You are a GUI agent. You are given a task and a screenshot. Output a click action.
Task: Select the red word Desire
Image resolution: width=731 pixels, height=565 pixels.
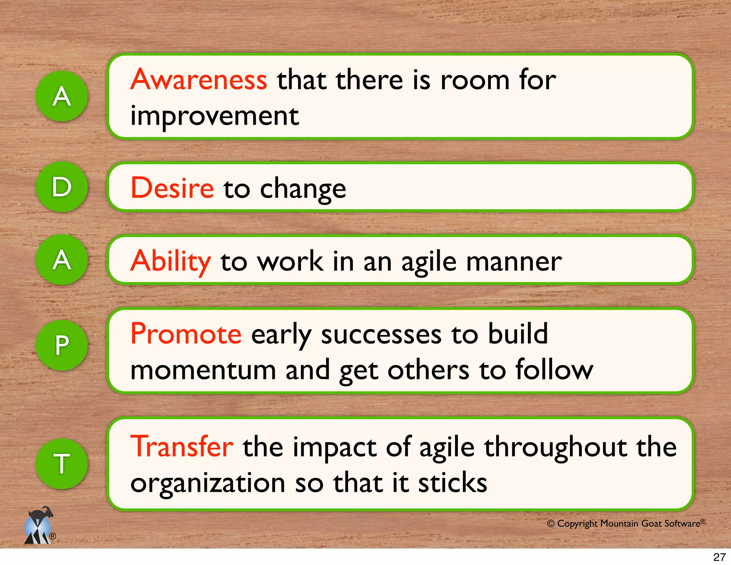(172, 188)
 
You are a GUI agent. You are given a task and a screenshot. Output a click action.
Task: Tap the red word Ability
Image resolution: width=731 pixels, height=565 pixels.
(171, 261)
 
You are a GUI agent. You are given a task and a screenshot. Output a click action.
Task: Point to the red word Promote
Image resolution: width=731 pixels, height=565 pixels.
(186, 334)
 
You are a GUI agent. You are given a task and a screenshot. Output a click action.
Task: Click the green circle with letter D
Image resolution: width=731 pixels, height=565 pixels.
(62, 187)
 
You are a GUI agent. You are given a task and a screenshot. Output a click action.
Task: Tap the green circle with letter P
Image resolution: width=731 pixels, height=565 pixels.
(62, 345)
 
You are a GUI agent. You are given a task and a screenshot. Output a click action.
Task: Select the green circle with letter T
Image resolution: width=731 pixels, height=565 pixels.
(62, 463)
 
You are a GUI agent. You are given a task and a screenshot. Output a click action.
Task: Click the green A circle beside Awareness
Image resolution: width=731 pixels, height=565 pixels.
(62, 96)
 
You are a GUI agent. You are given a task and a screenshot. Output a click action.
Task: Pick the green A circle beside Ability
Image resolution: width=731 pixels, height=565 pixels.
(62, 260)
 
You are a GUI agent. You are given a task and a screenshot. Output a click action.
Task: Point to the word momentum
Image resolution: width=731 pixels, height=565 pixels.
(203, 370)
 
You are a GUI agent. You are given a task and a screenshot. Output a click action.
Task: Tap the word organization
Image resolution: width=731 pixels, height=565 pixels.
(207, 483)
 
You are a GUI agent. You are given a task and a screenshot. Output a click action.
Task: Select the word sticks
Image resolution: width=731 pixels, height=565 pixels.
(452, 483)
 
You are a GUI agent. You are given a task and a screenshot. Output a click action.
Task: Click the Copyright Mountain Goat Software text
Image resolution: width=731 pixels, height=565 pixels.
(626, 524)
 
